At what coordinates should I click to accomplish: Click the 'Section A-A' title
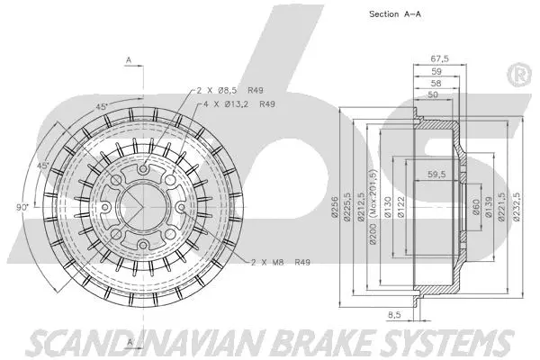[x=396, y=14]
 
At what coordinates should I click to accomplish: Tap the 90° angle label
[x=22, y=207]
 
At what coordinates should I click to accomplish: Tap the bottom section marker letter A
[x=129, y=343]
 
